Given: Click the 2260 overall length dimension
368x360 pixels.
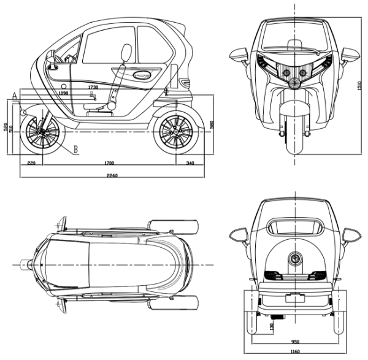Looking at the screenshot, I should (x=112, y=175).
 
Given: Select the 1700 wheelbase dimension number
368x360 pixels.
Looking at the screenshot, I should (x=109, y=163).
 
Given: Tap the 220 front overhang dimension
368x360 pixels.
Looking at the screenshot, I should (x=31, y=163).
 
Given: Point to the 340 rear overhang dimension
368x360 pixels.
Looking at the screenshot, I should (x=190, y=163).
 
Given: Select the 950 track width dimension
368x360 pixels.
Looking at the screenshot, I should (x=297, y=341).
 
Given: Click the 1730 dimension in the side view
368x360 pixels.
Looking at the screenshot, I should (x=93, y=88).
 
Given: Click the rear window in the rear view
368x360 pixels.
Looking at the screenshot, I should (x=296, y=225).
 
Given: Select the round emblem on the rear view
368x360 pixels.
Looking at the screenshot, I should (x=296, y=259).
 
